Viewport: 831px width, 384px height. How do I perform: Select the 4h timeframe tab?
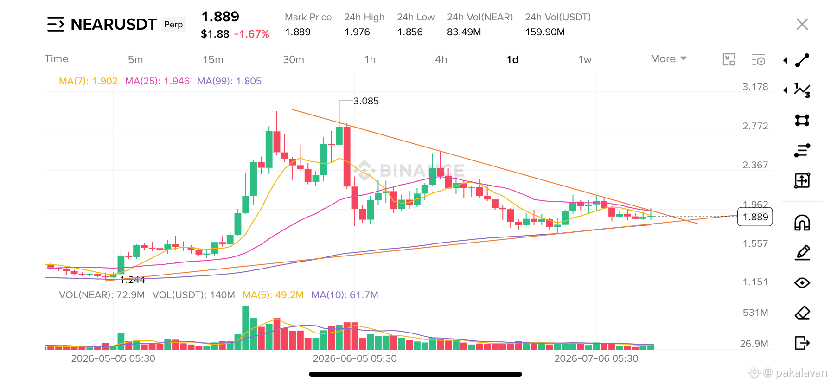(x=441, y=59)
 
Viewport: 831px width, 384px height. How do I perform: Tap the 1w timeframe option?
(x=585, y=59)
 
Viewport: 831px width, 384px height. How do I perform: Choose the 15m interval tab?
(x=213, y=59)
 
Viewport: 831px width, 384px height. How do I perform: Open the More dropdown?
(x=668, y=58)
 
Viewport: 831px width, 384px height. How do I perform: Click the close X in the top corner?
(x=802, y=24)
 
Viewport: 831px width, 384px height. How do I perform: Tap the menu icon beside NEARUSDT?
(x=56, y=24)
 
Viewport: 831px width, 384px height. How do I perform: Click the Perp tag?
(x=173, y=24)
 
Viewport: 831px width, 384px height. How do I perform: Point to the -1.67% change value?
(x=252, y=34)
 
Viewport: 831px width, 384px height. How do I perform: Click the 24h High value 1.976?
(x=357, y=32)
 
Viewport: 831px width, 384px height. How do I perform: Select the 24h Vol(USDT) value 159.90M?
(x=545, y=32)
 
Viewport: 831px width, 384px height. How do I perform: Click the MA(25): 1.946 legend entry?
(x=157, y=81)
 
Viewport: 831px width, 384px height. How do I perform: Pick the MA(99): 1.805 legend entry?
(x=229, y=81)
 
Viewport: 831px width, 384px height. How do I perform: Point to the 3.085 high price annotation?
(x=366, y=101)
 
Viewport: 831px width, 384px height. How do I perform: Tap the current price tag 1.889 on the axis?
(x=755, y=217)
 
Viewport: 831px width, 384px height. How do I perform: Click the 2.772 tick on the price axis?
(x=755, y=126)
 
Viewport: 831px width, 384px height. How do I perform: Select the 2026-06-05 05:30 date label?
(x=355, y=358)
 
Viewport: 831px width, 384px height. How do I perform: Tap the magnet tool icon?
(x=802, y=223)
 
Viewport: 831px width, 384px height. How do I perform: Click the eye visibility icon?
(x=802, y=282)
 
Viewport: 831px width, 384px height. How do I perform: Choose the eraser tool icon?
(x=802, y=313)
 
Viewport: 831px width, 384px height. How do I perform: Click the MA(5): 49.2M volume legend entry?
(x=273, y=295)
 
